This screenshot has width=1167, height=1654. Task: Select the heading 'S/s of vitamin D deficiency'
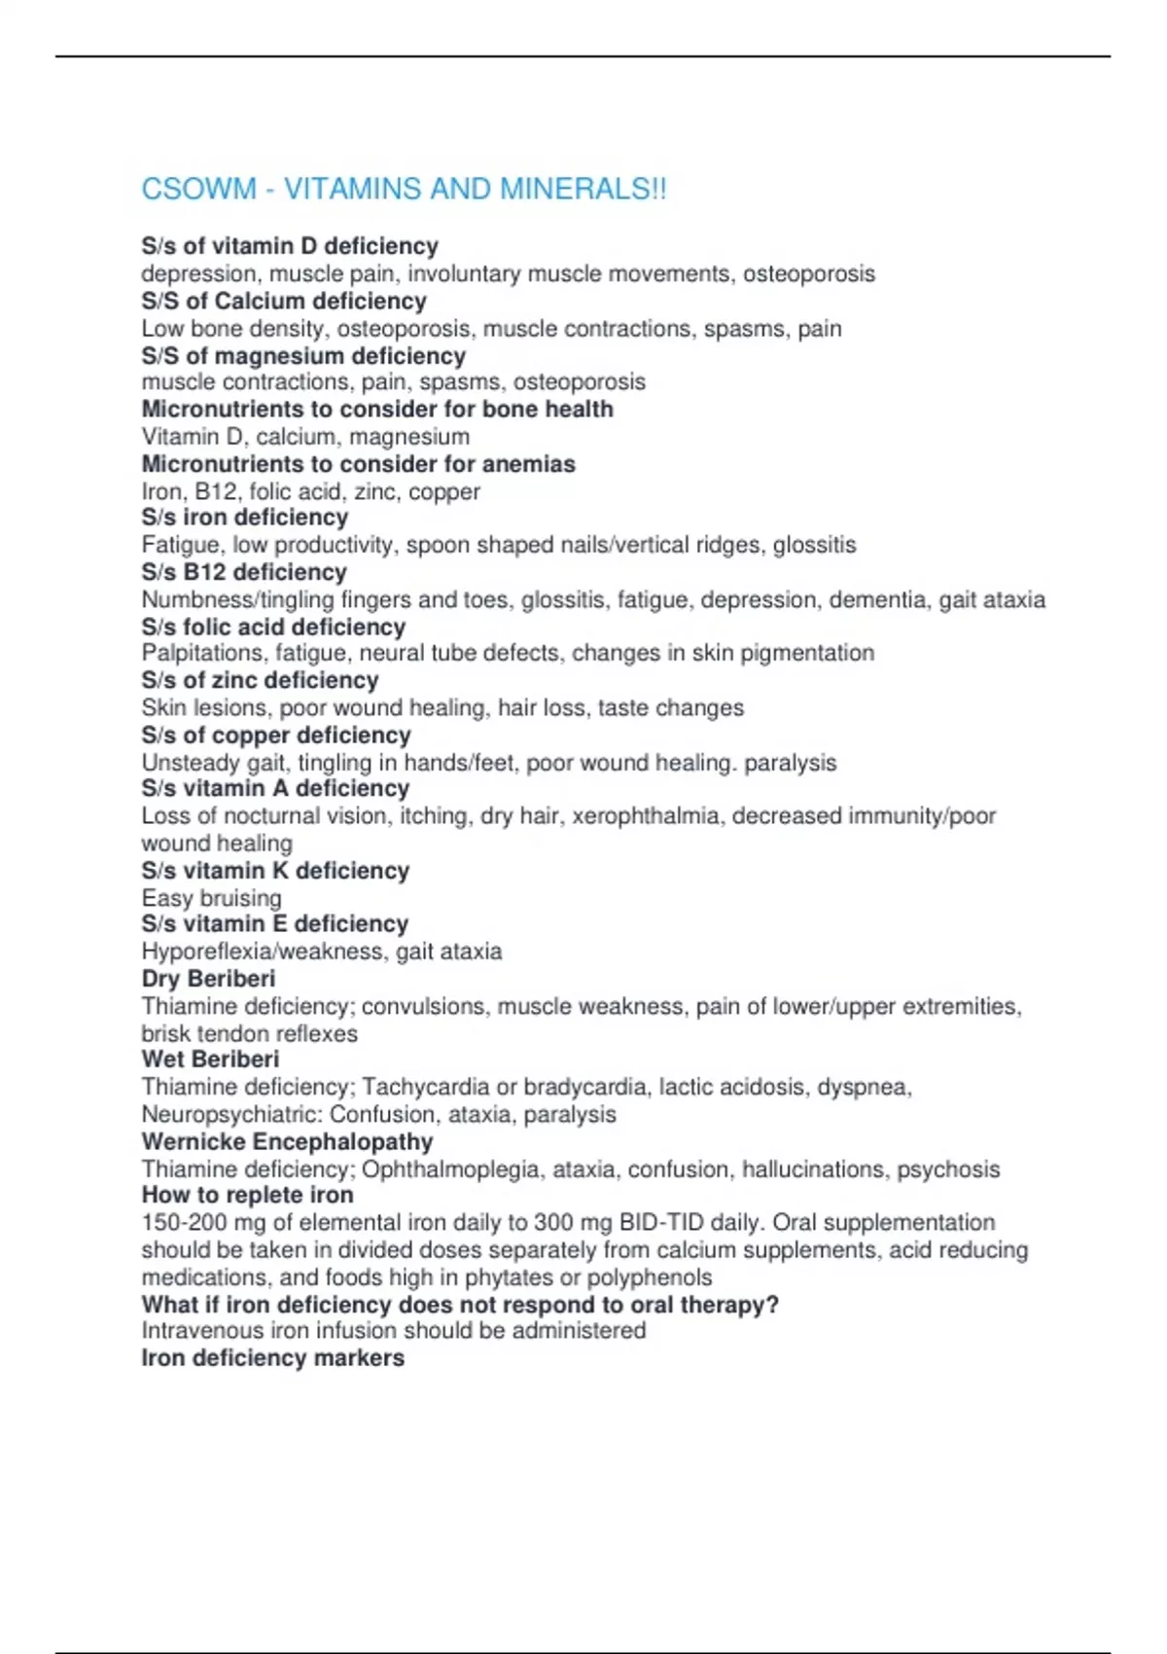coord(290,246)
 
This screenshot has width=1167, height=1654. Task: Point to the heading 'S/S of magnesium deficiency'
coord(303,356)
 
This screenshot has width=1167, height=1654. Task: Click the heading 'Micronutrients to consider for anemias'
coord(358,464)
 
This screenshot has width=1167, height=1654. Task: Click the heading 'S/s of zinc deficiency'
coord(260,680)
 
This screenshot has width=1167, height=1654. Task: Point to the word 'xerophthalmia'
coord(646,815)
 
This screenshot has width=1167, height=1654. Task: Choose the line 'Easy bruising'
coord(211,898)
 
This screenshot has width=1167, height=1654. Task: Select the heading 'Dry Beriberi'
coord(208,978)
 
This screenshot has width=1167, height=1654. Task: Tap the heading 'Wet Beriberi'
coord(210,1059)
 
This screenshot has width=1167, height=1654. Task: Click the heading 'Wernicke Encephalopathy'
coord(287,1141)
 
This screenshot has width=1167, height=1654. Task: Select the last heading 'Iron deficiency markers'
coord(272,1357)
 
